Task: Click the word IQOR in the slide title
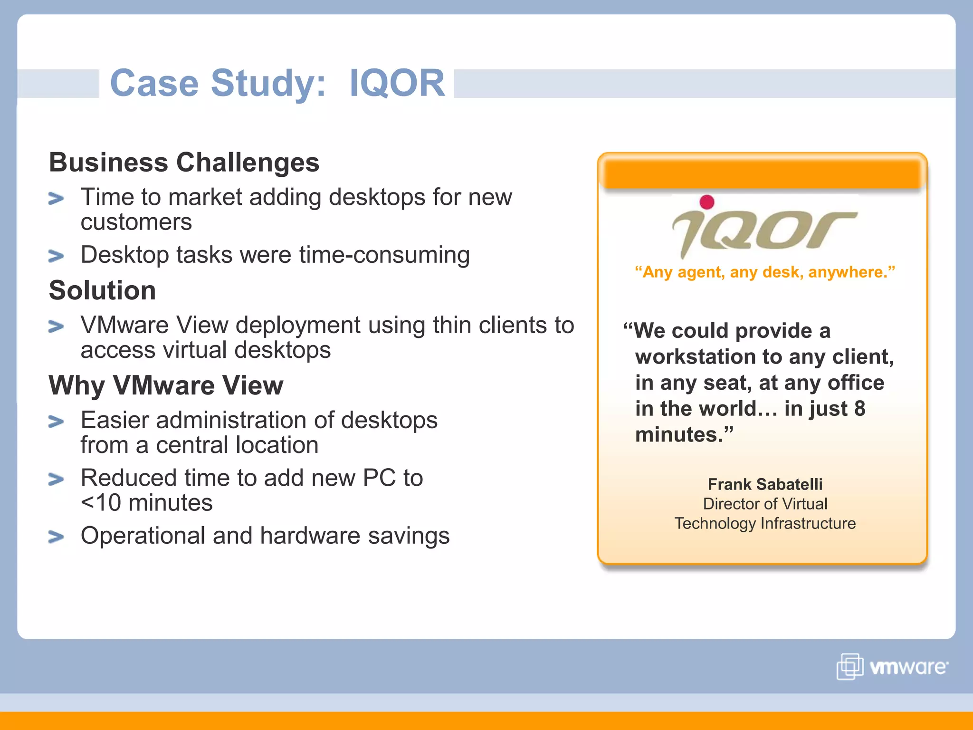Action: coord(397,83)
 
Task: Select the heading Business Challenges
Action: coord(184,163)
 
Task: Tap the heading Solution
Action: coord(103,290)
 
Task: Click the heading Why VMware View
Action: coord(166,385)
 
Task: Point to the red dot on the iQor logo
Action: coord(707,202)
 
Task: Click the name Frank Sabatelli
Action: coord(765,484)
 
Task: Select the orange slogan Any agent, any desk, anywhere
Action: coord(765,272)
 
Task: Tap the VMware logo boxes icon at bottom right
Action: coord(849,666)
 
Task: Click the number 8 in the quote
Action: coord(859,409)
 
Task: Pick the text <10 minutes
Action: coord(147,503)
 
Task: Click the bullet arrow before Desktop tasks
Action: coord(56,257)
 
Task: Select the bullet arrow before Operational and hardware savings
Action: coord(56,537)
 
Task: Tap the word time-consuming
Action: coord(384,255)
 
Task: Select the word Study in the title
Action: coord(268,83)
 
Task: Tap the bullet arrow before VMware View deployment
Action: coord(56,327)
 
